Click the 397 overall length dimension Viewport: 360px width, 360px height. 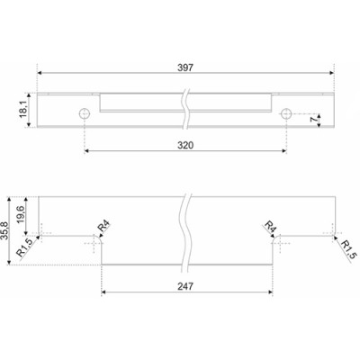click(185, 67)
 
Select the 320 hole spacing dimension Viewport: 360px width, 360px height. click(185, 146)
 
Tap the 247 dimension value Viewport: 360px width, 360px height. click(185, 286)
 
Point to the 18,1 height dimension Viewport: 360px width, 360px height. click(23, 110)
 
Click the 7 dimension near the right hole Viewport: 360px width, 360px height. click(314, 120)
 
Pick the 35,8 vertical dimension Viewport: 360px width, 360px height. click(5, 230)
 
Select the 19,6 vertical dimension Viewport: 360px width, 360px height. click(21, 215)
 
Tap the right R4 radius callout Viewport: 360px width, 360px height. click(270, 227)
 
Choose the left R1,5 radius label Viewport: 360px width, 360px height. click(24, 247)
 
